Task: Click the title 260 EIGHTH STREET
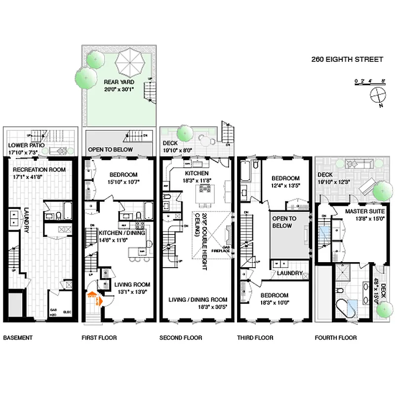coord(347,59)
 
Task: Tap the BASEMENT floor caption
coord(18,338)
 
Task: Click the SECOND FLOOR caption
coord(181,338)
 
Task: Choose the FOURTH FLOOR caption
coord(335,338)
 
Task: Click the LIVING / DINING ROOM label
coord(197,300)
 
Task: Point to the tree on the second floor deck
coord(185,133)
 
